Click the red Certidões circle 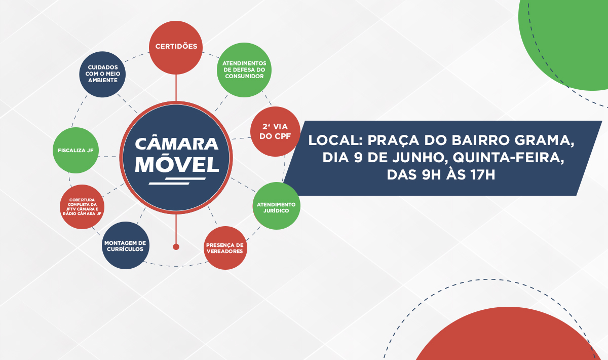click(x=176, y=47)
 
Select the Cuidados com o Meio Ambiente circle click(x=103, y=74)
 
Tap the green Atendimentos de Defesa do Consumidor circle click(x=244, y=69)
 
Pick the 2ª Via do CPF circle click(x=275, y=131)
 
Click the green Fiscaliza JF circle click(x=75, y=151)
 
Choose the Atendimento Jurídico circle click(x=276, y=206)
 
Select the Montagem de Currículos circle click(x=125, y=246)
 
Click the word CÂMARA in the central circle click(x=177, y=143)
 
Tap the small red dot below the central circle click(x=176, y=247)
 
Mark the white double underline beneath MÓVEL click(x=176, y=181)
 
